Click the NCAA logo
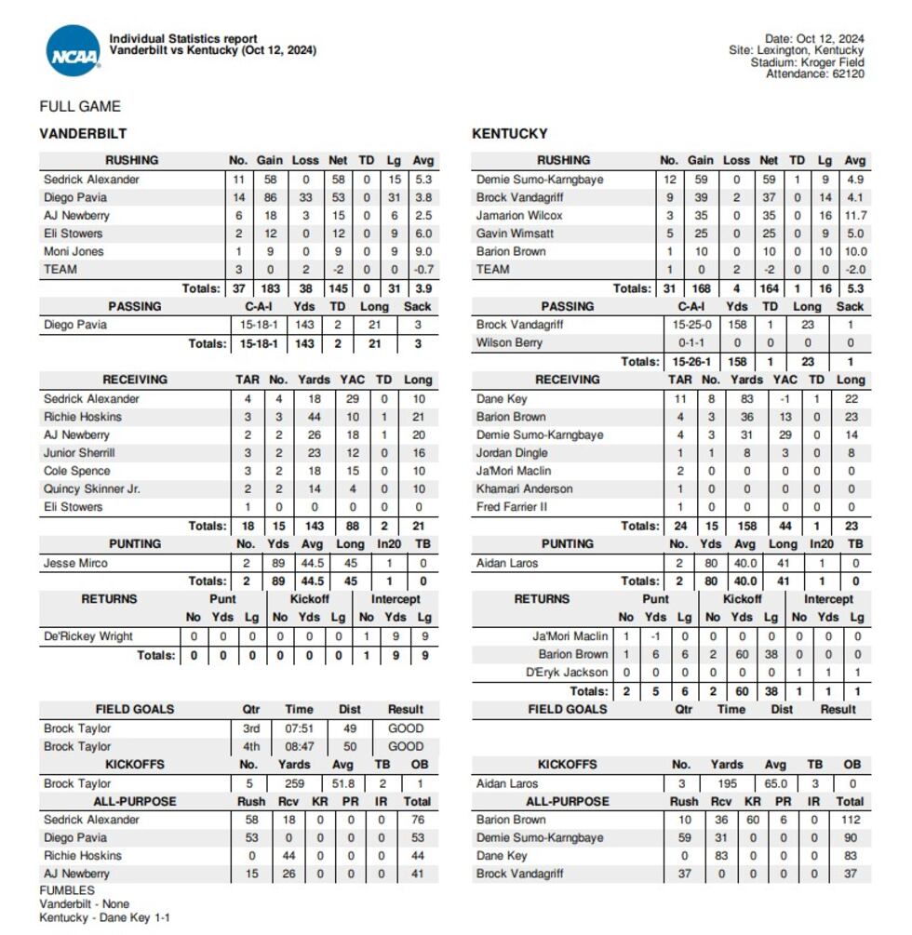tap(73, 51)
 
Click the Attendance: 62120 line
tap(814, 74)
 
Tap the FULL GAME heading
tap(80, 106)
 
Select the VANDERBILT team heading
tap(83, 134)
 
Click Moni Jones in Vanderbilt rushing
tap(74, 251)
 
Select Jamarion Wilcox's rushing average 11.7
tap(854, 215)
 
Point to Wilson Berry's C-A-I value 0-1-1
tap(690, 342)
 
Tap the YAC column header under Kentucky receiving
tap(785, 380)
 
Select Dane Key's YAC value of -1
tap(785, 398)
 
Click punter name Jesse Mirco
tap(74, 563)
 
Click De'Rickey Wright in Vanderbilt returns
tap(87, 636)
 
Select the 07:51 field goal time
tap(299, 728)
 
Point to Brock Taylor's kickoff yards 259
tap(294, 783)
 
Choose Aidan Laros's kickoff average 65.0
tap(775, 783)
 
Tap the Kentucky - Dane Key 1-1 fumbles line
tap(104, 917)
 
